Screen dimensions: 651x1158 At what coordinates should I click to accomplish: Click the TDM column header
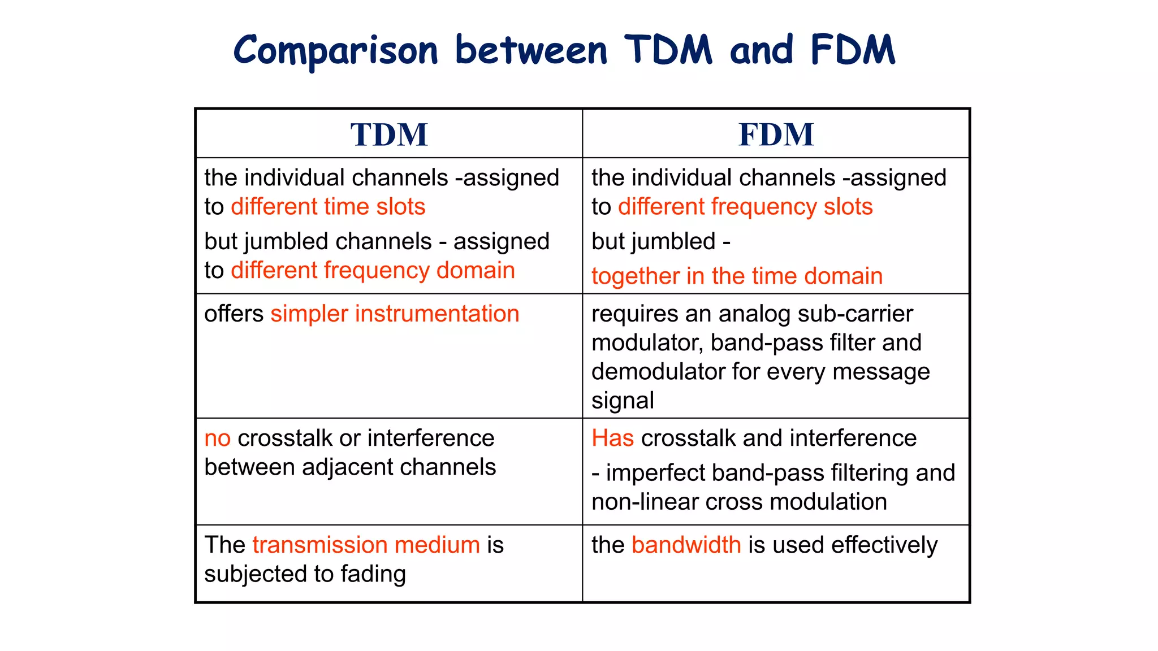(x=389, y=134)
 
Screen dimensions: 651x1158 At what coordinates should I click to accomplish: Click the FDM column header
(x=776, y=134)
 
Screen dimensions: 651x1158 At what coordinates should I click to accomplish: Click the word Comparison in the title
(x=336, y=50)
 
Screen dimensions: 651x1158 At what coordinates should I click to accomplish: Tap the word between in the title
(x=531, y=50)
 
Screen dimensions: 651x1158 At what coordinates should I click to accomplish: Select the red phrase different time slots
(x=328, y=207)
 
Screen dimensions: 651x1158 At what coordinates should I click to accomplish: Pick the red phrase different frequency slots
(x=745, y=207)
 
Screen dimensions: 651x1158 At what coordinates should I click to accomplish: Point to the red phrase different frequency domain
(x=373, y=270)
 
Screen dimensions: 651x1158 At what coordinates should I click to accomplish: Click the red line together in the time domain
(x=737, y=276)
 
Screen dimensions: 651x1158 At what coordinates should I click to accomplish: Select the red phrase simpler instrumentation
(x=395, y=314)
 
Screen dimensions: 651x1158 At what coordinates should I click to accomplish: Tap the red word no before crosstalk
(x=217, y=439)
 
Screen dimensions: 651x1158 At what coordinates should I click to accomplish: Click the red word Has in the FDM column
(x=612, y=439)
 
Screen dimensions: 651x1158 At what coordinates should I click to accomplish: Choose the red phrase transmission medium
(x=366, y=545)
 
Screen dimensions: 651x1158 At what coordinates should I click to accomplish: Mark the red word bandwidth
(x=686, y=545)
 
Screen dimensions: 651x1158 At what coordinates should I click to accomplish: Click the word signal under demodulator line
(x=623, y=401)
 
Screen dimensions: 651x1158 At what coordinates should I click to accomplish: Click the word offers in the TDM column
(x=234, y=314)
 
